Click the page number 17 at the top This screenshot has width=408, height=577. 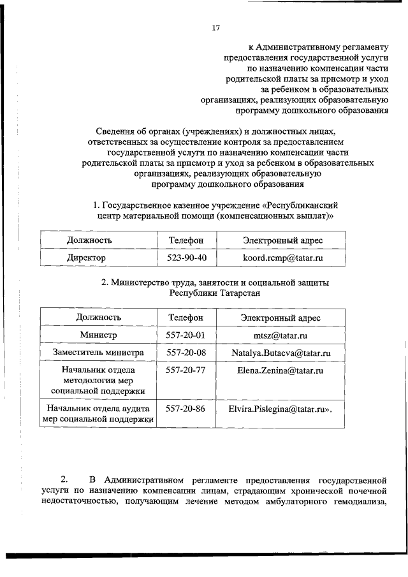(x=215, y=27)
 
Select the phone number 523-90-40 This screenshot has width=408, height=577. (x=186, y=258)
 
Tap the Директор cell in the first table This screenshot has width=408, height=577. (x=87, y=258)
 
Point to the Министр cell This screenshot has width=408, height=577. (x=99, y=335)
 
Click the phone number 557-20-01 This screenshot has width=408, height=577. (x=186, y=335)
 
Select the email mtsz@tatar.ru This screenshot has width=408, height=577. (x=280, y=335)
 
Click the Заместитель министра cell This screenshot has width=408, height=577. (x=98, y=352)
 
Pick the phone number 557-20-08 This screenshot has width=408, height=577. (x=186, y=352)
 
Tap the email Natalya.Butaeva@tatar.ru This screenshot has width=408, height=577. (x=280, y=353)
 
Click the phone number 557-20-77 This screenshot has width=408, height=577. (x=186, y=370)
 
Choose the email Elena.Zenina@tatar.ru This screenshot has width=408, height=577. (x=280, y=370)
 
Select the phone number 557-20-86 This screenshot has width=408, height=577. (x=186, y=408)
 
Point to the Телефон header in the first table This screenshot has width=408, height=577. (x=186, y=240)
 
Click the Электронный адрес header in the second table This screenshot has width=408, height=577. (x=280, y=317)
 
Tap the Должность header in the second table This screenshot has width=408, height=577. (x=99, y=317)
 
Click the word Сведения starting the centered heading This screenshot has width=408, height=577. (x=115, y=131)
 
